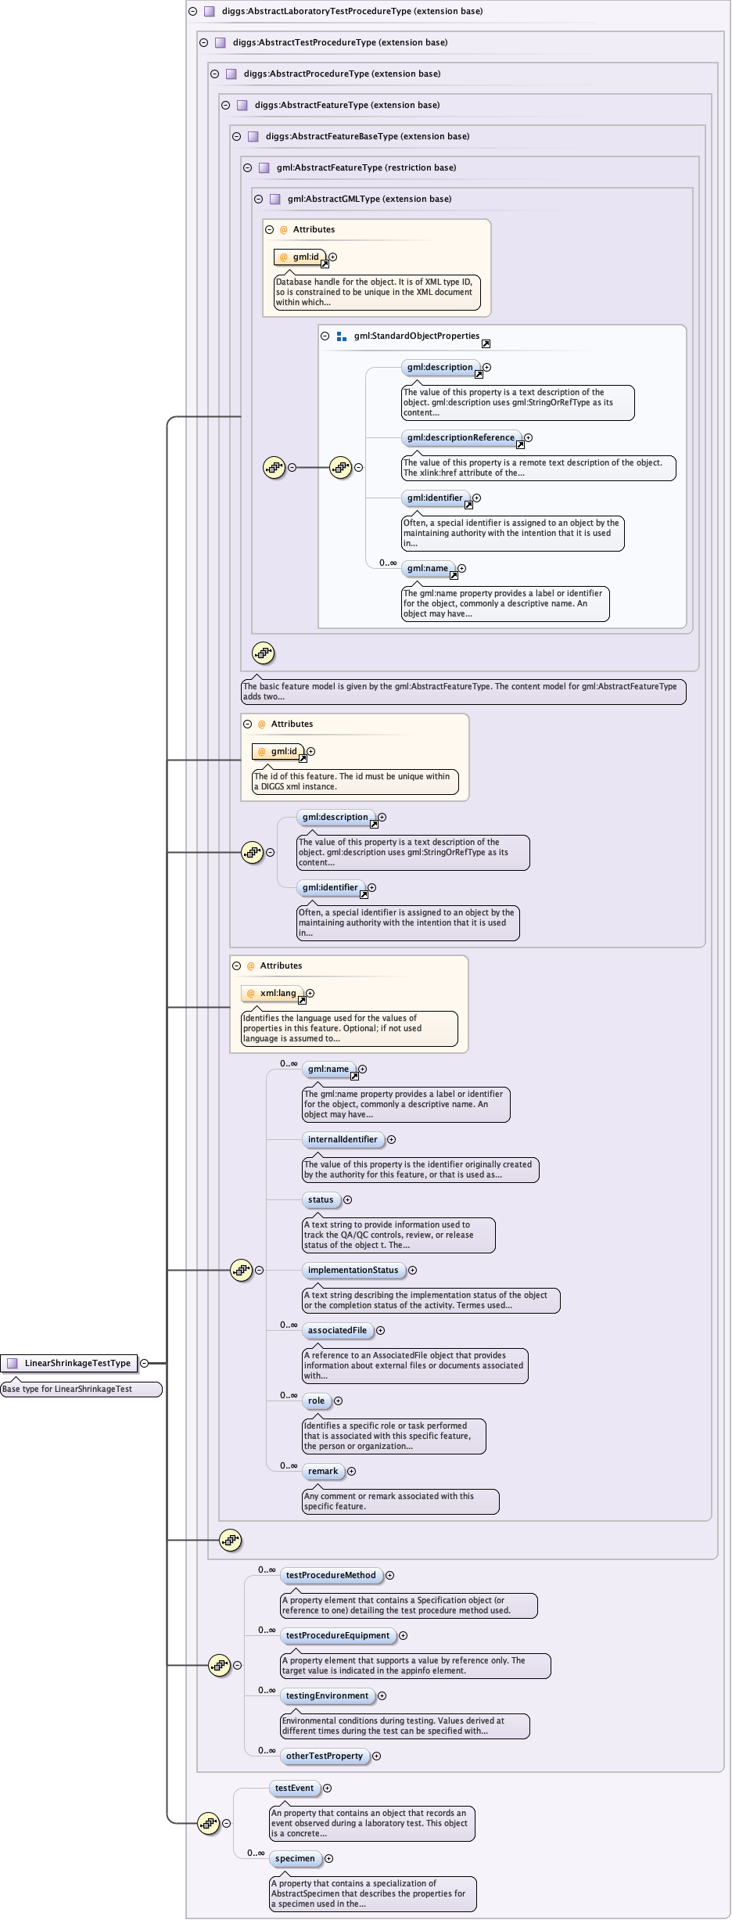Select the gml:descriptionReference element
coord(461,438)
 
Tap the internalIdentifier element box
coord(343,1140)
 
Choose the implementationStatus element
coord(353,1271)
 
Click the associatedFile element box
coord(337,1331)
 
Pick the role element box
coord(316,1401)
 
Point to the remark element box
coord(323,1472)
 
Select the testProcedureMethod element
coord(331,1576)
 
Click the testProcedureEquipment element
coord(338,1636)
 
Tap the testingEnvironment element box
coord(327,1696)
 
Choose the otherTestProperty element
coord(325,1756)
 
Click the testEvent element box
coord(294,1789)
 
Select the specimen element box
coord(295,1859)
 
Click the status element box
coord(321,1200)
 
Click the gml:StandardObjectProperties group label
coord(416,336)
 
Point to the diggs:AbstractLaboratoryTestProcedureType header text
coord(352,12)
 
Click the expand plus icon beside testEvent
coord(328,1789)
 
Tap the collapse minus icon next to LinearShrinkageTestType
coord(144,1363)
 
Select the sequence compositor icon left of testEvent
coord(208,1823)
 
